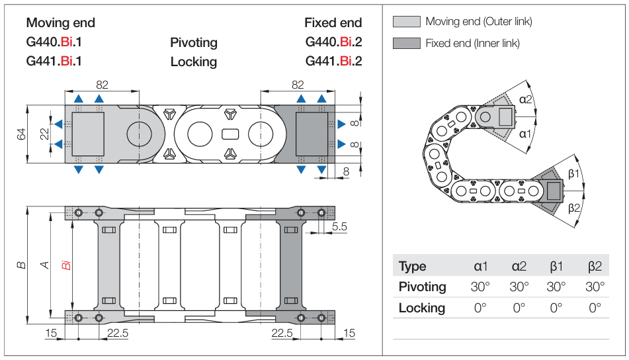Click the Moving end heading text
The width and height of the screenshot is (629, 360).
point(60,22)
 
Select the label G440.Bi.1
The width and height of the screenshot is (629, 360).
point(58,42)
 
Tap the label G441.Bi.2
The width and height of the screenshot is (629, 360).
point(333,62)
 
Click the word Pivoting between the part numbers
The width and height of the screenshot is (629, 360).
point(194,42)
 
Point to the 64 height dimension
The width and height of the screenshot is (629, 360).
point(21,134)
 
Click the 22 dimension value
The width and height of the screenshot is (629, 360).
point(44,134)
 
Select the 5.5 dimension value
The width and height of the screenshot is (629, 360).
point(339,226)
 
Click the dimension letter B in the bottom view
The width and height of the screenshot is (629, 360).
point(22,265)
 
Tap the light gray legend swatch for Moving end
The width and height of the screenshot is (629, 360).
point(406,21)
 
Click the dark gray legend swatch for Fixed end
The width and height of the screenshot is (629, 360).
point(406,43)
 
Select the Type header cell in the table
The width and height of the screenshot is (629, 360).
point(413,267)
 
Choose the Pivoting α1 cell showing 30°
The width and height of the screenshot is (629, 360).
point(481,287)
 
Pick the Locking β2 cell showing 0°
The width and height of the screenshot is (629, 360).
point(595,308)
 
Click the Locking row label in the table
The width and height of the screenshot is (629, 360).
point(422,308)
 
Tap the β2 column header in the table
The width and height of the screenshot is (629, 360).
point(595,267)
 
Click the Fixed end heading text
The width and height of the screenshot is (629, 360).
point(333,22)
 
